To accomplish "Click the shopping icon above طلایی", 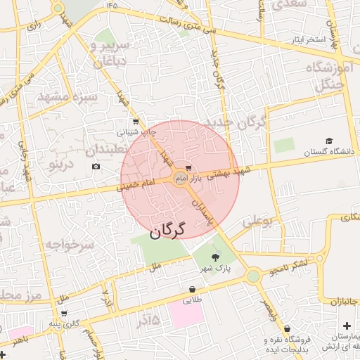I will pos(192,289).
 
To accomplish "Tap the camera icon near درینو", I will pos(96,167).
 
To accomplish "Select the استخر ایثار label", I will pos(310,39).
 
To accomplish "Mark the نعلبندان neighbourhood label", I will pos(114,150).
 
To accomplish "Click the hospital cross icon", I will pos(347,326).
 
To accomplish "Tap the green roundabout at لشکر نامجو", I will pos(253,276).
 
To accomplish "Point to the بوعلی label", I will pos(257,222).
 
